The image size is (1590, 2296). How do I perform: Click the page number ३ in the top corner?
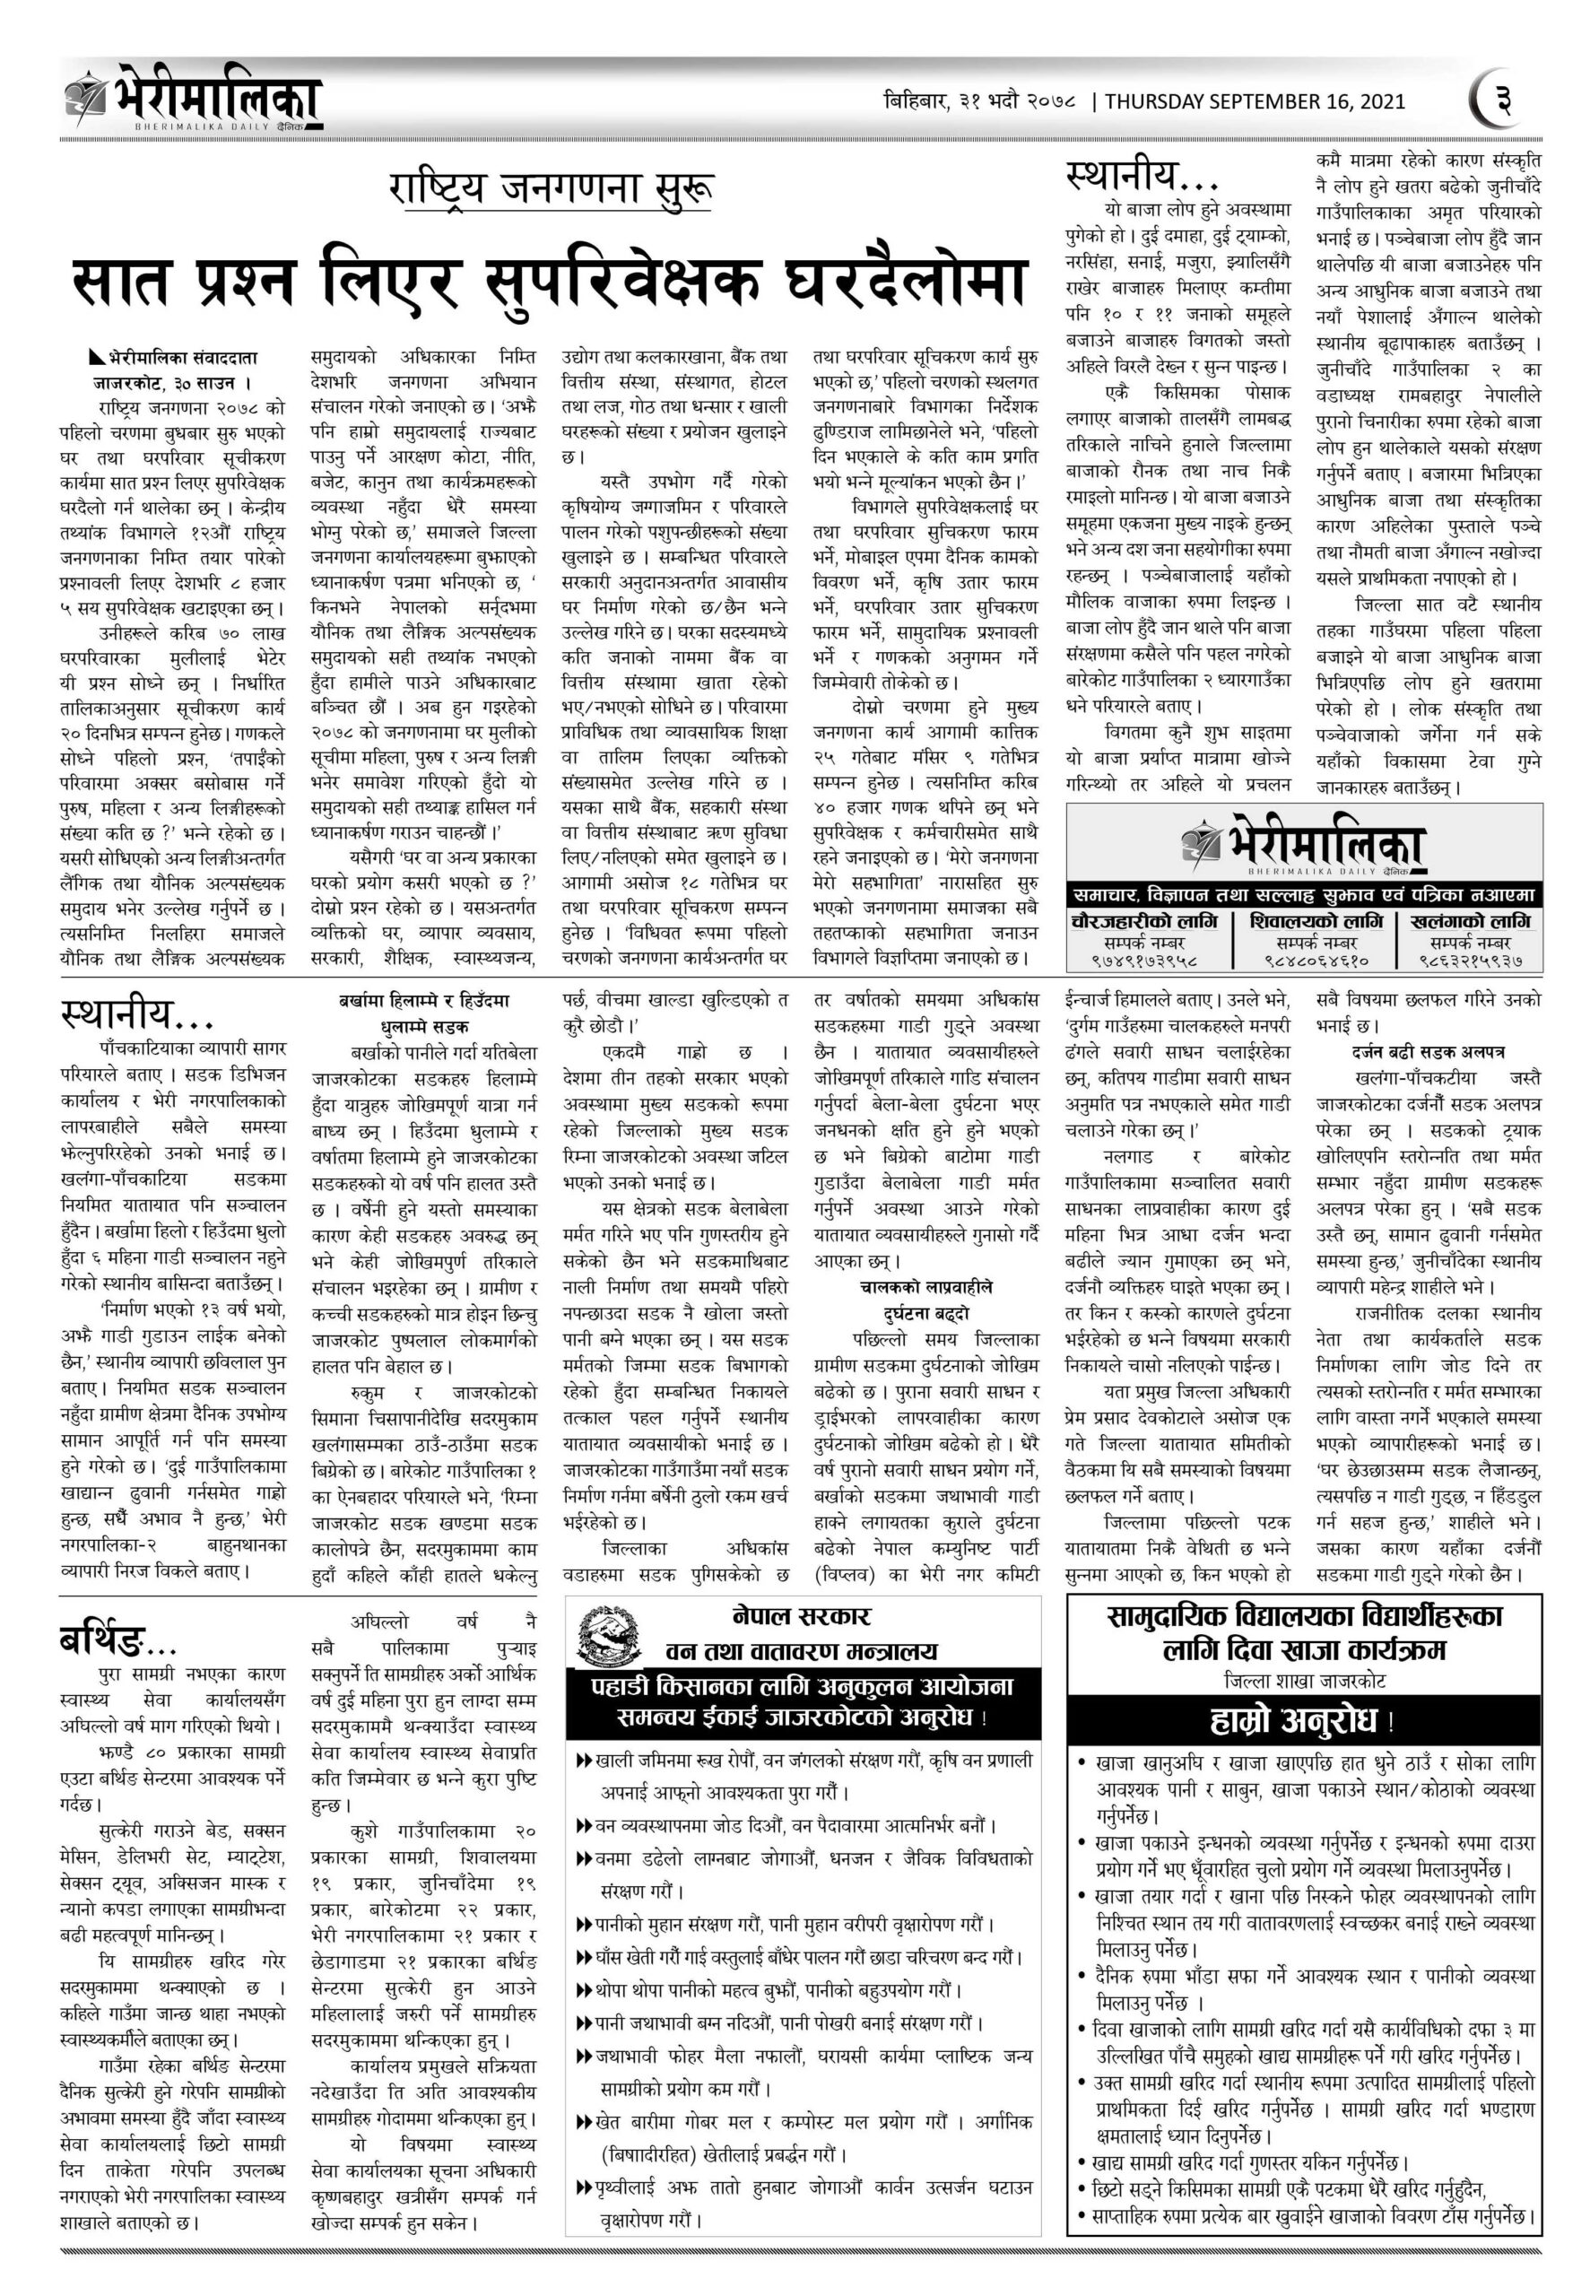pyautogui.click(x=1503, y=101)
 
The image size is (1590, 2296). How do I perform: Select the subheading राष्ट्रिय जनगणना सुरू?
pyautogui.click(x=550, y=188)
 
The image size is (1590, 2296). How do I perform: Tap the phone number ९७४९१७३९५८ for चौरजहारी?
pyautogui.click(x=1147, y=961)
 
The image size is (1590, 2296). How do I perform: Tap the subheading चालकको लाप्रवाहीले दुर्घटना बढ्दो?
pyautogui.click(x=926, y=1299)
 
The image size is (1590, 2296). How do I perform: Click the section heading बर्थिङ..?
pyautogui.click(x=117, y=1639)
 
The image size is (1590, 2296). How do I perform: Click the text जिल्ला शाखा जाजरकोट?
pyautogui.click(x=1304, y=1682)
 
